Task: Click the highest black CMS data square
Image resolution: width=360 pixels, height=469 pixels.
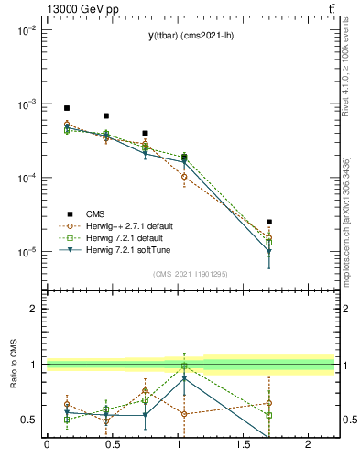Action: pyautogui.click(x=67, y=108)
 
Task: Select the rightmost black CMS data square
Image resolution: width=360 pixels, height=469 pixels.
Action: pyautogui.click(x=269, y=222)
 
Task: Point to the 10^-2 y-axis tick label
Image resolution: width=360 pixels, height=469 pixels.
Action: pyautogui.click(x=27, y=31)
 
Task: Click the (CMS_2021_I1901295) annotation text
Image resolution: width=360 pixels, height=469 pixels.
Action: pyautogui.click(x=190, y=274)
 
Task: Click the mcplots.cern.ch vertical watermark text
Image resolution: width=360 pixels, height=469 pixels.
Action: pyautogui.click(x=350, y=220)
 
